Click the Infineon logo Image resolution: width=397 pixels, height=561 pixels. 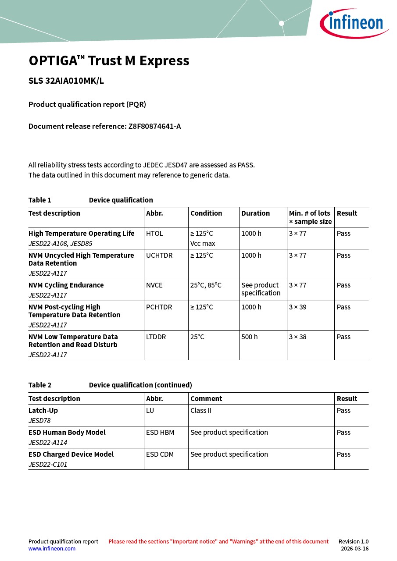354,23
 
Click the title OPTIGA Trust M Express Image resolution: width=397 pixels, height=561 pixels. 109,60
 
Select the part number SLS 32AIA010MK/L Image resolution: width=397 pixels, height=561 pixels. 66,81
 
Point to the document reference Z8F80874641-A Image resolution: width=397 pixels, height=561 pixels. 154,126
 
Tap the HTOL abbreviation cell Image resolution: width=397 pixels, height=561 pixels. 154,234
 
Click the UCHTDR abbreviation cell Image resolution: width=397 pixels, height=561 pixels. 158,256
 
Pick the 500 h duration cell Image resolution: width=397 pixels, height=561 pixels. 250,337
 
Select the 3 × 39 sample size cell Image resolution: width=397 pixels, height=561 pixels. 297,307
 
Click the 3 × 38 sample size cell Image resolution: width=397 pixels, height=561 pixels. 297,337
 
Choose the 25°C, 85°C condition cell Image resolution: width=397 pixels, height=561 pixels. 206,285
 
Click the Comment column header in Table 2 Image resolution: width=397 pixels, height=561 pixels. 206,399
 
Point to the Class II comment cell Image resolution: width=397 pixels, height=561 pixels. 201,411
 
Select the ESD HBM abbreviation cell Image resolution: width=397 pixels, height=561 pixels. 160,433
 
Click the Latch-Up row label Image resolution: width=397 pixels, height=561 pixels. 43,411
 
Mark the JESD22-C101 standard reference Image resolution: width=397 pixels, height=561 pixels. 48,465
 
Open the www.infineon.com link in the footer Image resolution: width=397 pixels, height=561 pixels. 52,549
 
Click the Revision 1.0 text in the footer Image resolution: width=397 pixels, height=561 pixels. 353,542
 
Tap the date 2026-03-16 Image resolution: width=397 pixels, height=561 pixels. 354,549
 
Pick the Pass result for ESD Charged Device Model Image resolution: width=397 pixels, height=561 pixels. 343,454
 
